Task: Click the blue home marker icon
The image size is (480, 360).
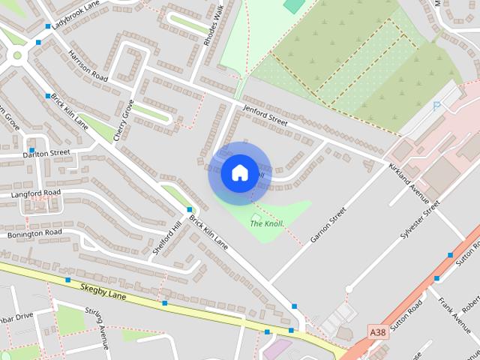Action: tap(239, 172)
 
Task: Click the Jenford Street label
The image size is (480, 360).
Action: tap(265, 115)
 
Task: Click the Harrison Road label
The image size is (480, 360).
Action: tap(88, 65)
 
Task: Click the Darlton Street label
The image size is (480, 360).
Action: tap(46, 153)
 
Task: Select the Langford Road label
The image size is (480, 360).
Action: tap(35, 193)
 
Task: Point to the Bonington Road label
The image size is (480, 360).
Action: tap(34, 234)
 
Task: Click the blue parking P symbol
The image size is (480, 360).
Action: tap(436, 106)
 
